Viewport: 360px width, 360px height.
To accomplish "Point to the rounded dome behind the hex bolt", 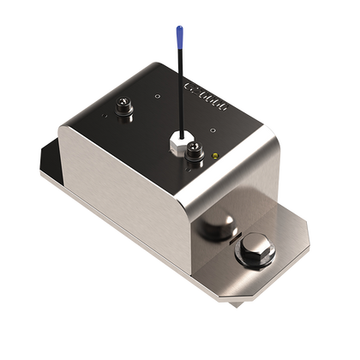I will point(220,228).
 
